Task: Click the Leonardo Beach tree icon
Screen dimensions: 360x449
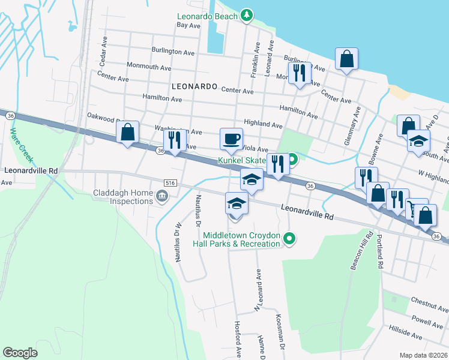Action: [246, 15]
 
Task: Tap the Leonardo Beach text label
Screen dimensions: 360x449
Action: [207, 16]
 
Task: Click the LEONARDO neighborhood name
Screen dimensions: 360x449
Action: [194, 86]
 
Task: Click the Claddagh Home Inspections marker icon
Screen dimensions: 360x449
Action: [161, 196]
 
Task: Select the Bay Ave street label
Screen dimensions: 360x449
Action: [188, 26]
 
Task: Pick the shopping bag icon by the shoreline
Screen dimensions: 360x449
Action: [347, 59]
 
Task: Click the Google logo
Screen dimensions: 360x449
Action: [20, 353]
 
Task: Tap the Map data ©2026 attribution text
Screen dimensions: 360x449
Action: [424, 355]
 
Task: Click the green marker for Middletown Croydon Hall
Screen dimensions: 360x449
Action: [289, 239]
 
